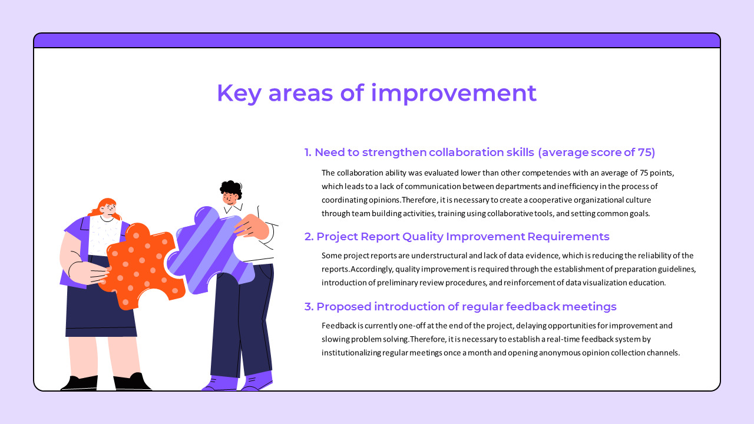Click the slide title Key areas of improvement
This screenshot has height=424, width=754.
click(376, 93)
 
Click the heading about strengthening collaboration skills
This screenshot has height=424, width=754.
click(479, 153)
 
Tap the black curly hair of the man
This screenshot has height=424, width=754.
click(231, 188)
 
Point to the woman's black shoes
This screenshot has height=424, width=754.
click(106, 383)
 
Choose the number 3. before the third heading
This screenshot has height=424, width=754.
click(309, 307)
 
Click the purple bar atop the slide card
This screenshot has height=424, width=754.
click(377, 40)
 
